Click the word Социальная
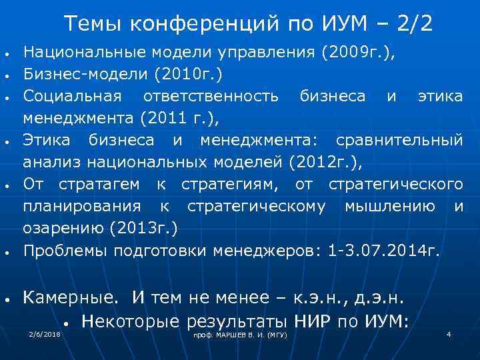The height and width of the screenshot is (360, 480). [72, 97]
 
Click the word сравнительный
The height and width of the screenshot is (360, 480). [399, 141]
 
